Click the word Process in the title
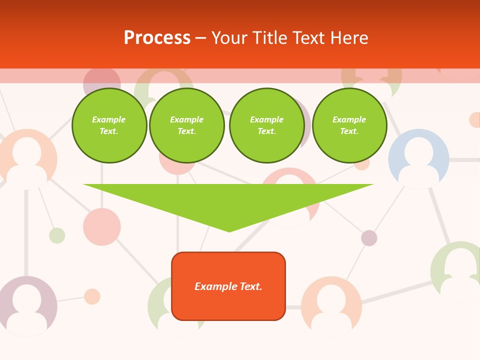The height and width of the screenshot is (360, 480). point(157,38)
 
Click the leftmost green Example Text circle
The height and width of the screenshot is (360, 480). point(109,125)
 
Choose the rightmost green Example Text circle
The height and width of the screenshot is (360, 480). point(349,125)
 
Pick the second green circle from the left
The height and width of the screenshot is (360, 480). point(186,125)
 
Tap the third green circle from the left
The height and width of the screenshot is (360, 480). point(266,125)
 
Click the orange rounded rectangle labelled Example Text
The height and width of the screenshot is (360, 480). point(228,286)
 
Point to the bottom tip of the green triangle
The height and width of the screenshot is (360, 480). point(229,231)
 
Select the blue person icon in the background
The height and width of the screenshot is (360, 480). point(418,159)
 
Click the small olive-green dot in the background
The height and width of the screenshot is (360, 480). point(57,235)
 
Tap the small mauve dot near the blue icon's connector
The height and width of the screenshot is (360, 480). point(369,238)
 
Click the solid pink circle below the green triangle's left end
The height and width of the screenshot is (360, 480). point(102,226)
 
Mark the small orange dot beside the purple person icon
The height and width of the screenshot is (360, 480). point(92,296)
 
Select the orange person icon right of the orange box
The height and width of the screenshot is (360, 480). point(331,306)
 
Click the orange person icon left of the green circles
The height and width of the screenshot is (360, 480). point(27,159)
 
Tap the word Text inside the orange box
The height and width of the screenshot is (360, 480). point(251,286)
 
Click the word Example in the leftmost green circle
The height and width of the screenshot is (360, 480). point(109,119)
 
